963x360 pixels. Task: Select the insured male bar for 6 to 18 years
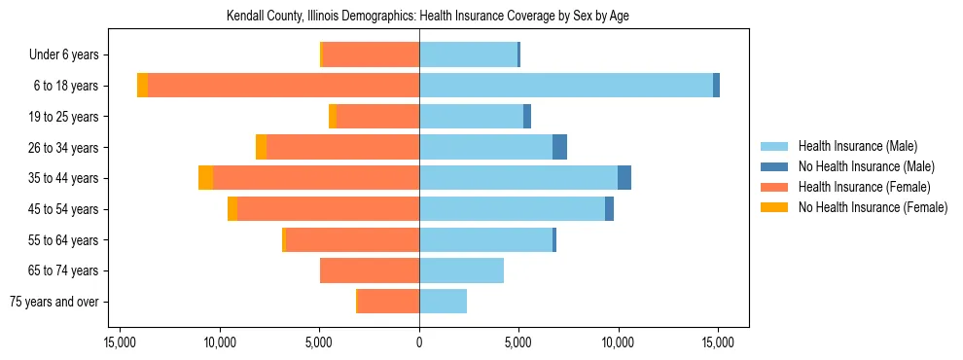tap(566, 86)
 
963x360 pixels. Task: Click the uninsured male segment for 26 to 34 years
tap(559, 147)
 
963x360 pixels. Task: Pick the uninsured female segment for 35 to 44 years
tap(205, 178)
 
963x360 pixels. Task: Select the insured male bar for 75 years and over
tap(443, 302)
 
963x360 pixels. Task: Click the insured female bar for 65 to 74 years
tap(370, 270)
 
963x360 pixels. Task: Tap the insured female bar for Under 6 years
tap(371, 54)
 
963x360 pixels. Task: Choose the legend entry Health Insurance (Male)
tap(857, 146)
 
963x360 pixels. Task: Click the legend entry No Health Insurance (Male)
tap(866, 166)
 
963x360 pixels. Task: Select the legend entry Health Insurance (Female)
tap(864, 187)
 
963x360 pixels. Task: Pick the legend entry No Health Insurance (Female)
tap(873, 207)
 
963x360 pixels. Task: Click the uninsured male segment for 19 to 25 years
tap(527, 117)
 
